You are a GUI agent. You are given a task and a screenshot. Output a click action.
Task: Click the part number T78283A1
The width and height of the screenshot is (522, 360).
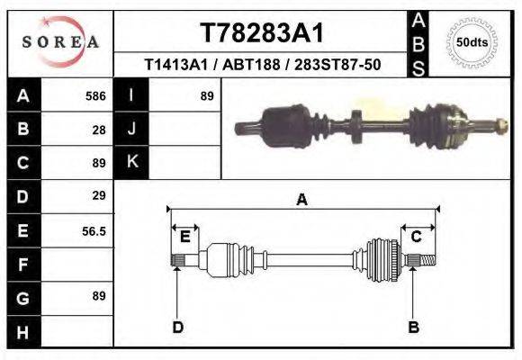261,33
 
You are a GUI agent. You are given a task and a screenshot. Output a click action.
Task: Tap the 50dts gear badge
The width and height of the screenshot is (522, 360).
473,42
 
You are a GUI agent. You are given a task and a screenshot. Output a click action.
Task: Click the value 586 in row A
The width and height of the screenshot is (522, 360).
95,95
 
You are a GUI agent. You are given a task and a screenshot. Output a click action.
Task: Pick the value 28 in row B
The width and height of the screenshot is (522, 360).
99,129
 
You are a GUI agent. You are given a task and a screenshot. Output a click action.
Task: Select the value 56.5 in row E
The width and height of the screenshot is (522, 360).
94,231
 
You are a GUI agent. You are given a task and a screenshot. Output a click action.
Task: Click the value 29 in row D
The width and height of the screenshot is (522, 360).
99,195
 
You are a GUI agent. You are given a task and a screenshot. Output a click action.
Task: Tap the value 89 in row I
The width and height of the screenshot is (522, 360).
206,95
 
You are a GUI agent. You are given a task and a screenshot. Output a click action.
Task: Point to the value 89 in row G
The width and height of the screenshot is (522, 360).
99,296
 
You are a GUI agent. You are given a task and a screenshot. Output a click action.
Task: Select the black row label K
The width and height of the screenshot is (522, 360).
132,162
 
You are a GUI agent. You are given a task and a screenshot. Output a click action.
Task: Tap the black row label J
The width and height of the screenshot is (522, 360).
132,129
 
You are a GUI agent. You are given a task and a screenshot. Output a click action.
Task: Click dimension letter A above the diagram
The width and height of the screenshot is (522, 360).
301,200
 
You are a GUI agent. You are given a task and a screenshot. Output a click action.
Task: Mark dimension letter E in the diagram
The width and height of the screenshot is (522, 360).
184,237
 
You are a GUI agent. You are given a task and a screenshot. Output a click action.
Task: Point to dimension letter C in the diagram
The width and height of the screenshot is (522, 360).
417,237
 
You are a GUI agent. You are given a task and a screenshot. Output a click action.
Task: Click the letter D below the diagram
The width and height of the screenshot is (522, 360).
177,327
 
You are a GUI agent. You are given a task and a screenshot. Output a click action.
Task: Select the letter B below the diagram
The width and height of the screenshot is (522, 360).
413,327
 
